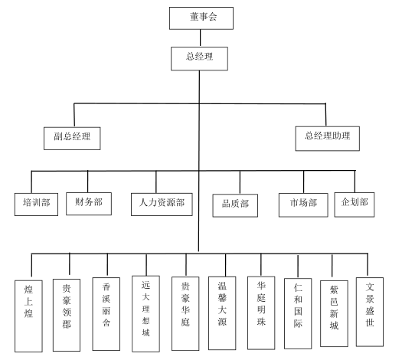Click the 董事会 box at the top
pos(201,18)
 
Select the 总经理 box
pos(199,58)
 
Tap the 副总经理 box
pos(72,139)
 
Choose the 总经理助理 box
pos(328,139)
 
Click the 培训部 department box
pos(36,205)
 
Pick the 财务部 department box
pos(89,204)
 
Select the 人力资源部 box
pos(162,205)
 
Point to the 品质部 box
pos(235,205)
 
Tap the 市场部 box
pos(303,205)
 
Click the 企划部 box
pos(355,205)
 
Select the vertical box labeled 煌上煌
pos(28,316)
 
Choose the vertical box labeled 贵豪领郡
pos(67,315)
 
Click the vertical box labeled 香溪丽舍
pos(106,314)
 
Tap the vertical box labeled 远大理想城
pos(146,314)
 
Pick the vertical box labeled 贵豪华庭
pos(185,313)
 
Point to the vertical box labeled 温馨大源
pos(222,313)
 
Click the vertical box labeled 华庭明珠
pos(261,313)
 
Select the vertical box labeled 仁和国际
pos(298,313)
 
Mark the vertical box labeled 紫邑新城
pos(334,313)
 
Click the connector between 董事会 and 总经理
pos(200,38)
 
